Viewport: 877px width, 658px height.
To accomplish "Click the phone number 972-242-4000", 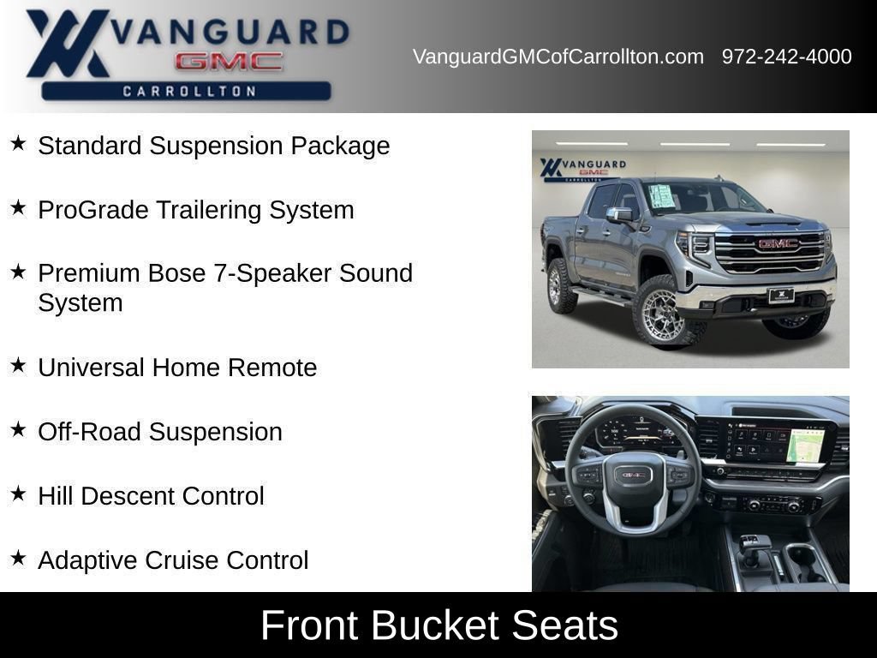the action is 786,57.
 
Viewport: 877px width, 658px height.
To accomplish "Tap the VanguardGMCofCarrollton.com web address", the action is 558,57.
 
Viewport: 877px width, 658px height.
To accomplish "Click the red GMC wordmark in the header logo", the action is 229,62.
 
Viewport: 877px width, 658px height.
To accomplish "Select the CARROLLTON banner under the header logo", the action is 186,91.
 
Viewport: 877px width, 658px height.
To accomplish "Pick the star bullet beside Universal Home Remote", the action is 18,365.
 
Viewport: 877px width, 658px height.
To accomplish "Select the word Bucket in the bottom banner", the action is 434,625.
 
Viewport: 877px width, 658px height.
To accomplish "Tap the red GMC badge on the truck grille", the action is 778,243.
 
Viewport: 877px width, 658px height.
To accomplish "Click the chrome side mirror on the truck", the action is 620,214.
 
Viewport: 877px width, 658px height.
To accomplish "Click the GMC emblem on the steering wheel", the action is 634,476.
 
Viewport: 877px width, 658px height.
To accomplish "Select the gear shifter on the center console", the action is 750,550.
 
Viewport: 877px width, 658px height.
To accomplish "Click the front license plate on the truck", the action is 781,295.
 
